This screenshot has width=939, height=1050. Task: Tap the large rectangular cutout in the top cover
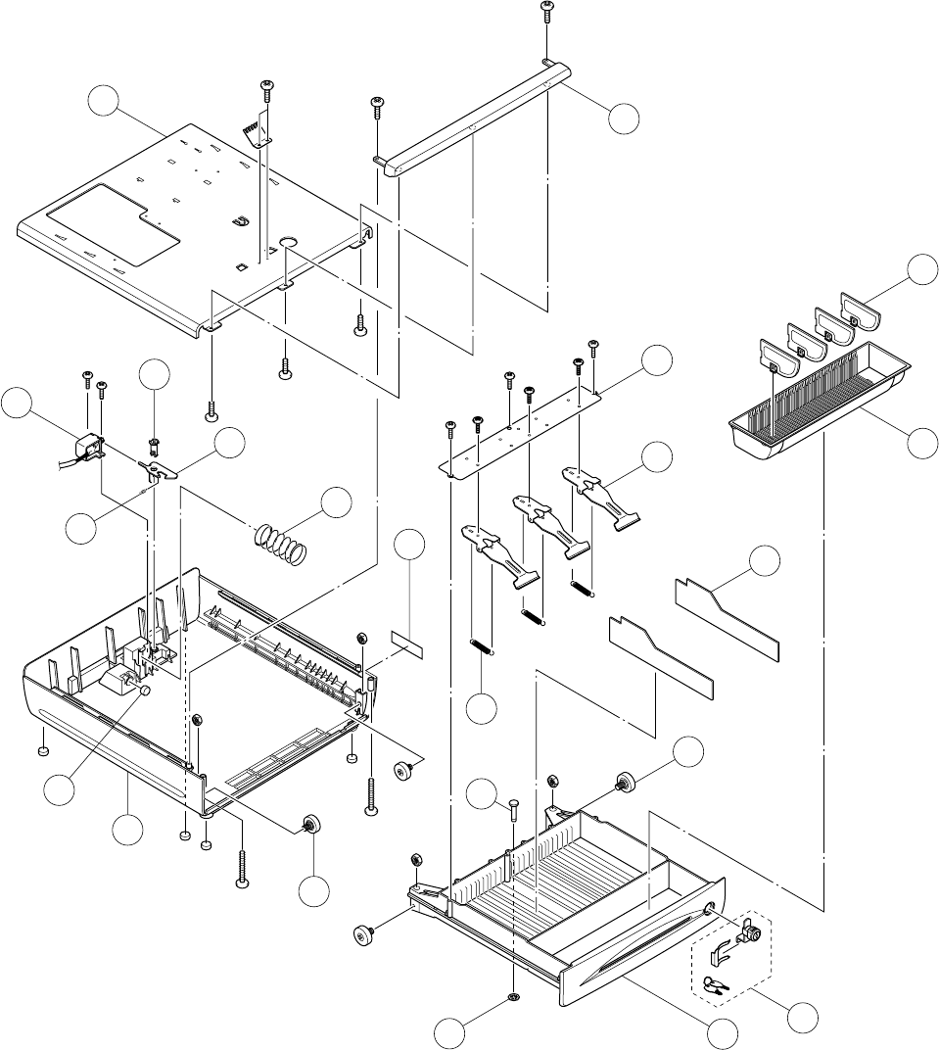tap(111, 223)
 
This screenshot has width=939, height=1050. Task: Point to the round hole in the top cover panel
tap(289, 241)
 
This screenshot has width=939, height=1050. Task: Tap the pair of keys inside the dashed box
tap(716, 985)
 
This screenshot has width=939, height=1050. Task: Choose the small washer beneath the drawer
tap(515, 998)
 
